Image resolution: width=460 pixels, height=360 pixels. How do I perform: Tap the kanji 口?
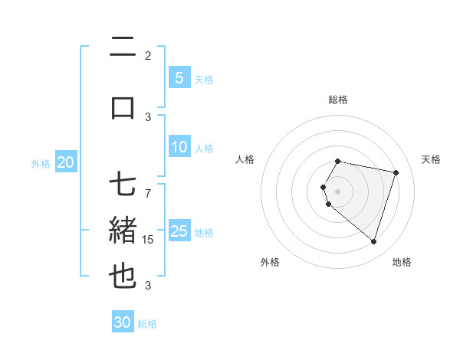pyautogui.click(x=123, y=107)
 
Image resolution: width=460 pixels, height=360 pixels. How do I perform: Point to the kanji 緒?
pyautogui.click(x=123, y=231)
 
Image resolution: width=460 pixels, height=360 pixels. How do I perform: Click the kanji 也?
pyautogui.click(x=123, y=276)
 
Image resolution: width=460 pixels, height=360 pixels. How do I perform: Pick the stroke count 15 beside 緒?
pyautogui.click(x=148, y=240)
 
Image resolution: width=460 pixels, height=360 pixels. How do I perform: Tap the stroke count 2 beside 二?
pyautogui.click(x=148, y=56)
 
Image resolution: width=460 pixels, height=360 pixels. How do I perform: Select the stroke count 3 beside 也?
pyautogui.click(x=148, y=286)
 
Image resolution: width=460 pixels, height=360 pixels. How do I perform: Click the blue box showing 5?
pyautogui.click(x=179, y=77)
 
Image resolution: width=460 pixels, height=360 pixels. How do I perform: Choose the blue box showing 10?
pyautogui.click(x=179, y=147)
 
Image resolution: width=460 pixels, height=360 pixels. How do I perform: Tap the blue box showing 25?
pyautogui.click(x=179, y=231)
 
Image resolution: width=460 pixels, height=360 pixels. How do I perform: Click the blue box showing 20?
pyautogui.click(x=66, y=162)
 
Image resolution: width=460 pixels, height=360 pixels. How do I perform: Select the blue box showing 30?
pyautogui.click(x=123, y=322)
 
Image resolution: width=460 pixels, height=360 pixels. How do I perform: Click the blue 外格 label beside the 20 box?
pyautogui.click(x=41, y=163)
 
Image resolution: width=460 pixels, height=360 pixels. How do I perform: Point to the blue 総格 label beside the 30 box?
pyautogui.click(x=147, y=324)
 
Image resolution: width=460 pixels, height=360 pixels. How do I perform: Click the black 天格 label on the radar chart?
pyautogui.click(x=431, y=159)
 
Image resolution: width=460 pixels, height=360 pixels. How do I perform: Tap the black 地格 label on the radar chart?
pyautogui.click(x=402, y=262)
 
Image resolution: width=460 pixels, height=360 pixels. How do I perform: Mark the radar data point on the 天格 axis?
pyautogui.click(x=396, y=172)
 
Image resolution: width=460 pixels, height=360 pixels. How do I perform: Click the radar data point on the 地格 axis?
pyautogui.click(x=373, y=241)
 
